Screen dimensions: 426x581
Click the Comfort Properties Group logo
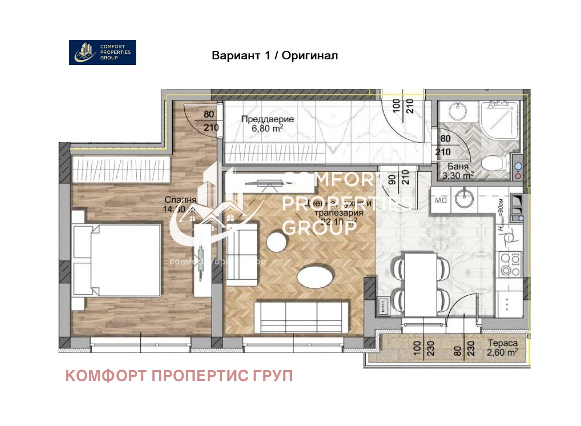tap(102, 52)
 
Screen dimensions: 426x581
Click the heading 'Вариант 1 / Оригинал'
tap(275, 55)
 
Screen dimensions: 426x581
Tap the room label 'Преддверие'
tap(268, 120)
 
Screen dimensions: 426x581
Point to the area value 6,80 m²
tap(268, 129)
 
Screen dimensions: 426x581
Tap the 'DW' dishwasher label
tap(440, 201)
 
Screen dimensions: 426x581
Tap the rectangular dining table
tap(420, 283)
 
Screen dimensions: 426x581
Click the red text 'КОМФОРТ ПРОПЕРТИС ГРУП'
tap(179, 376)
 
